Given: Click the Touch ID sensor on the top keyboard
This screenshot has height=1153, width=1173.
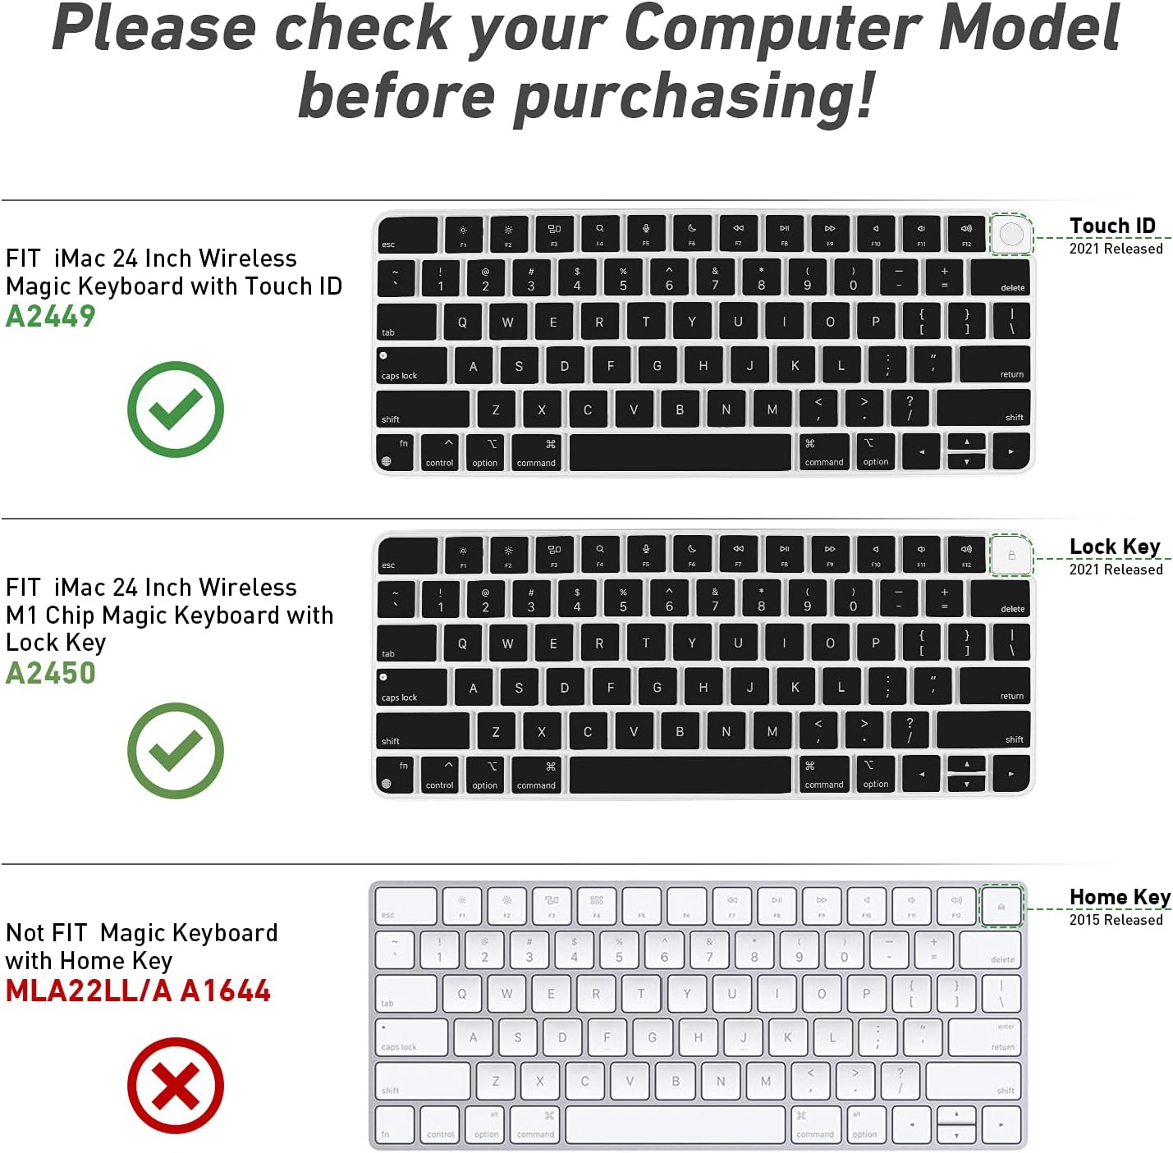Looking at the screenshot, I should (x=1011, y=235).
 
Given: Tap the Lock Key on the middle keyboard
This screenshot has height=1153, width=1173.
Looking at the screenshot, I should (x=1011, y=556).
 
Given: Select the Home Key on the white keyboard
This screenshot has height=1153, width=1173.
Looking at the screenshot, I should (x=1001, y=906).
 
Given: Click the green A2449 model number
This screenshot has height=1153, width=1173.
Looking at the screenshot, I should (x=51, y=317).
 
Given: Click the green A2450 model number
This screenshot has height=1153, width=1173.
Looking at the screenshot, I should (x=51, y=674).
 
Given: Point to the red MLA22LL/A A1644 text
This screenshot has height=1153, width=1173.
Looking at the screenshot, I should (x=138, y=991).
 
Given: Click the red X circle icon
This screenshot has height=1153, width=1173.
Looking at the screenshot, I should (x=176, y=1086).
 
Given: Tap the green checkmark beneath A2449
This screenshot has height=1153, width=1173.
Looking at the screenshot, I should (x=176, y=409).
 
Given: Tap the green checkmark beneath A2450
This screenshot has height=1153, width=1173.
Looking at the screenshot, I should (x=176, y=751).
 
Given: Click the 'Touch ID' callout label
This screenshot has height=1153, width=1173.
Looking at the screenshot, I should (x=1112, y=226).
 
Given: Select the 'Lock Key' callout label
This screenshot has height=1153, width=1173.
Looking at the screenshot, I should (x=1115, y=547).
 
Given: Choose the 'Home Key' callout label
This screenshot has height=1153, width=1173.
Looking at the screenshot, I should (x=1120, y=897).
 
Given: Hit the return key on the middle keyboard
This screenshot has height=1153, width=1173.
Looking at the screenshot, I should (x=993, y=686).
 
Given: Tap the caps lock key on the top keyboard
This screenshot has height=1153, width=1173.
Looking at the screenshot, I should (x=412, y=366).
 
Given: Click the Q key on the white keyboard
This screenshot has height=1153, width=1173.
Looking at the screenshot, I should (x=462, y=995).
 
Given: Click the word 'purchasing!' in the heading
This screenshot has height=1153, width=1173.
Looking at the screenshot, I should (x=694, y=97).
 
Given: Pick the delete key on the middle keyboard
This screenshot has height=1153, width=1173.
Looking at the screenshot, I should (x=1000, y=600).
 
